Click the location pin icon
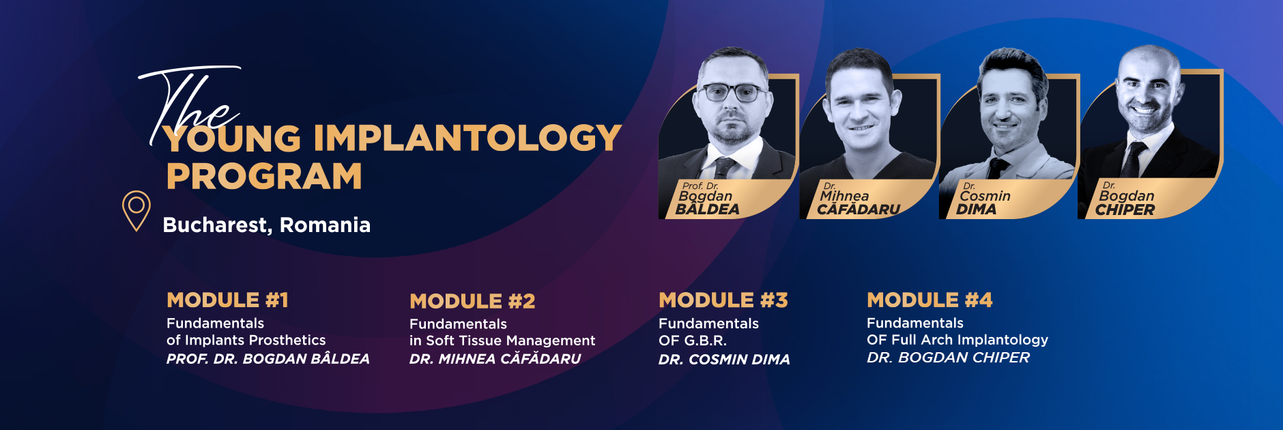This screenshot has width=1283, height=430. click(x=136, y=210)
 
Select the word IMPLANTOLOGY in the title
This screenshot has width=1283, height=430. click(x=467, y=139)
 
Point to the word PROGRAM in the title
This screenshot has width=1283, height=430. click(x=264, y=177)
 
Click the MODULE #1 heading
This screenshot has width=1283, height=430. click(x=227, y=300)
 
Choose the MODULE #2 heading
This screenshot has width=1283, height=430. click(x=472, y=301)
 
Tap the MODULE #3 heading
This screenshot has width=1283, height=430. click(x=723, y=300)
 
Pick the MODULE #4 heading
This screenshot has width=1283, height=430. click(x=929, y=300)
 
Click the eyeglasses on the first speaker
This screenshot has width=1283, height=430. click(x=732, y=93)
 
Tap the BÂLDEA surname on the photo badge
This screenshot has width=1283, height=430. click(x=707, y=210)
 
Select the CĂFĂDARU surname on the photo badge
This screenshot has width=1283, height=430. click(x=859, y=210)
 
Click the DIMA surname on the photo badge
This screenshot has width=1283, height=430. click(x=977, y=210)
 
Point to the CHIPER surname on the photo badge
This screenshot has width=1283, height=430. click(x=1125, y=210)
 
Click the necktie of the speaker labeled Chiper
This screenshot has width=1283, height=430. click(x=1134, y=160)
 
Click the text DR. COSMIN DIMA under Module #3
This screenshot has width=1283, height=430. click(x=724, y=360)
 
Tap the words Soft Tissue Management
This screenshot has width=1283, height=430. click(x=510, y=341)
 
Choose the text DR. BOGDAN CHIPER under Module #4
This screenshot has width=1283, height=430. click(x=948, y=358)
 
